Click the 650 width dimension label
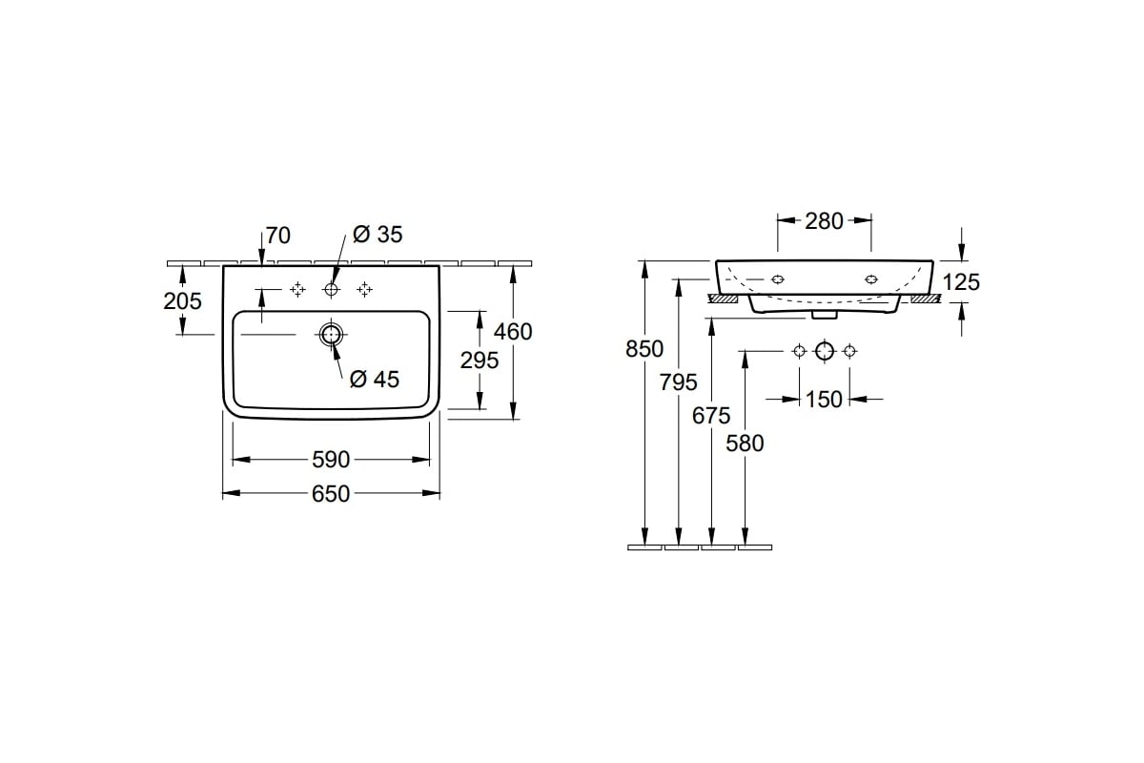click(x=331, y=494)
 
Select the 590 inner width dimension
click(x=331, y=460)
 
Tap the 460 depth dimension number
click(x=513, y=332)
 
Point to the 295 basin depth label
click(x=479, y=361)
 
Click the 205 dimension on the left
click(x=182, y=301)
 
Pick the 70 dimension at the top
click(x=277, y=236)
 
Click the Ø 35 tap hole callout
click(x=378, y=235)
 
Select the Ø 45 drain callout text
click(x=375, y=380)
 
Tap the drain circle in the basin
click(x=331, y=335)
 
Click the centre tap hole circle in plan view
click(x=331, y=290)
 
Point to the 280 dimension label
click(x=825, y=221)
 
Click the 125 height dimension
click(x=961, y=282)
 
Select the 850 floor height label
click(x=644, y=349)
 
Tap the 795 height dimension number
click(x=678, y=382)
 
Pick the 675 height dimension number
click(x=711, y=416)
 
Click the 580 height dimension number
click(x=746, y=443)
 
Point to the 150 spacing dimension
click(x=824, y=400)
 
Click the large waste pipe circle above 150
click(x=825, y=351)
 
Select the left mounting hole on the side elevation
click(x=777, y=279)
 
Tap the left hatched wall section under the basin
click(x=723, y=298)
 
